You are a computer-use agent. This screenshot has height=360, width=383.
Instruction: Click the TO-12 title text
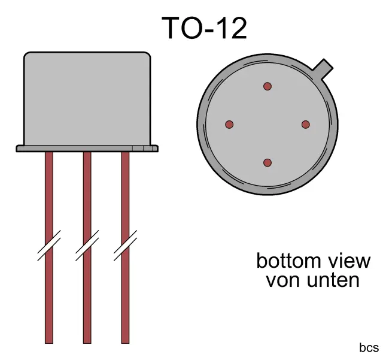(204, 28)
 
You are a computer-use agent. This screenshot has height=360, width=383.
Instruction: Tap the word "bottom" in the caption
(285, 261)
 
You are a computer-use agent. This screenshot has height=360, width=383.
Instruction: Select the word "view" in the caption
(350, 261)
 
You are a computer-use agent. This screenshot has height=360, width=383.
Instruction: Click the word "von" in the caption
(281, 280)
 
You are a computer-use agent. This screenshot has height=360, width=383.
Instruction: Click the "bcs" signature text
(369, 348)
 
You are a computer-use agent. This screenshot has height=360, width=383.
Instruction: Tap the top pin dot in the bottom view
(268, 86)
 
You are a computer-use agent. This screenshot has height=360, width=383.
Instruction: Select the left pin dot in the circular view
(229, 125)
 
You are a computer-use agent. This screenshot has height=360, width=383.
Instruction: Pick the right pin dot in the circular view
(306, 125)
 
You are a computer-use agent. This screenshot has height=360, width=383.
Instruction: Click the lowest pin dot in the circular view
(268, 163)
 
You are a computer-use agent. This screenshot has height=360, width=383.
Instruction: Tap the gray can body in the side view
(87, 99)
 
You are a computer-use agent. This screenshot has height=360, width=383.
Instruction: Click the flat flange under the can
(87, 148)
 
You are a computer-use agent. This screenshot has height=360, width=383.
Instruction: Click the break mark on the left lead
(49, 246)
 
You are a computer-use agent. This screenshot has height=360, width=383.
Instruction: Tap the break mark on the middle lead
(87, 246)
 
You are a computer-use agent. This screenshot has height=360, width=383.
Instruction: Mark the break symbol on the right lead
(125, 246)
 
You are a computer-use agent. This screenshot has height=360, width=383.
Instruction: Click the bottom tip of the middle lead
(87, 341)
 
